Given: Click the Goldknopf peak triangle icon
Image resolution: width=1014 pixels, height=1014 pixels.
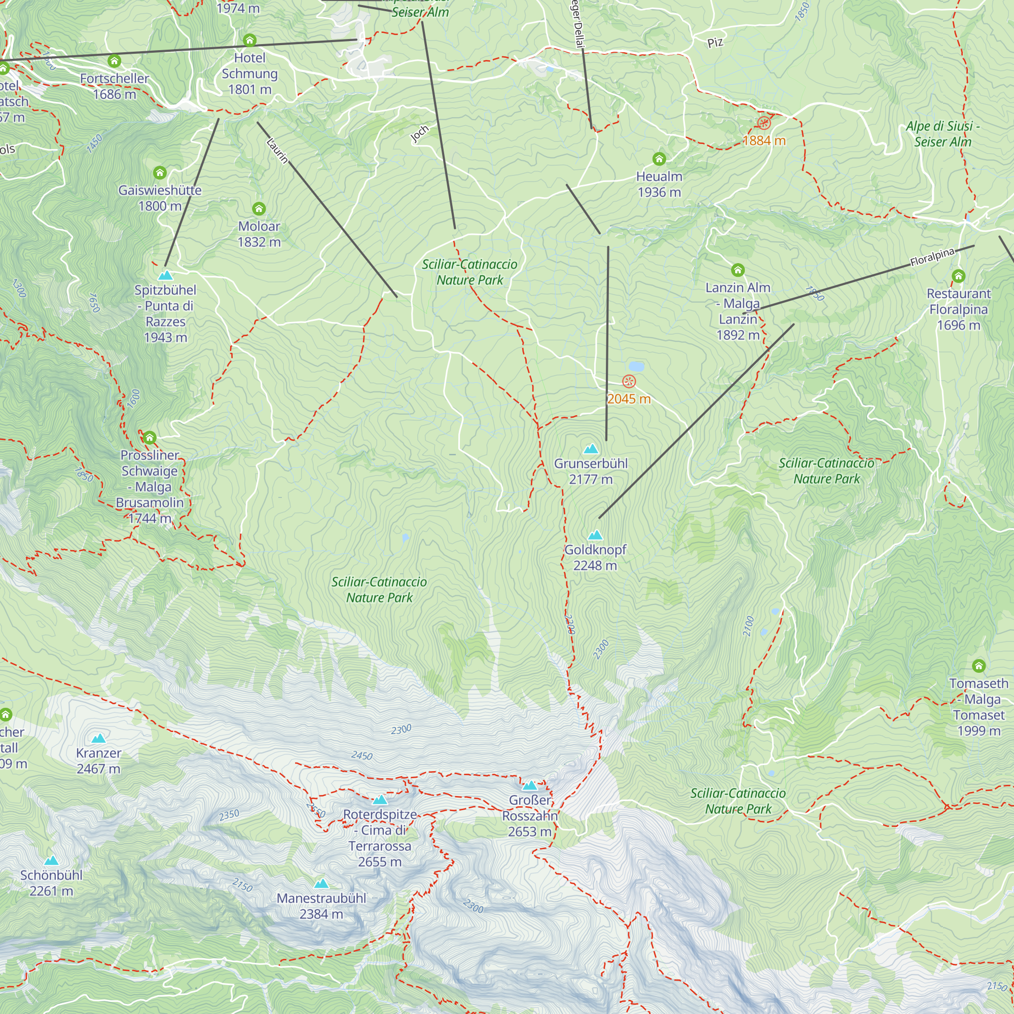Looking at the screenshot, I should coord(595,535).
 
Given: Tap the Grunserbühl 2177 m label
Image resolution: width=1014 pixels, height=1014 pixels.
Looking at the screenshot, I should coord(591,472).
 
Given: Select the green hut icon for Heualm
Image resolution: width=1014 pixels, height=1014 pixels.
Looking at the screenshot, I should coord(659,159).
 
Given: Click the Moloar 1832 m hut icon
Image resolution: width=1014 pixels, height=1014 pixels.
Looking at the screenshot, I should coord(259,209).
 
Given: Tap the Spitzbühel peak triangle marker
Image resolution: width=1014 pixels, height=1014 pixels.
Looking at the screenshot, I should coord(165,275).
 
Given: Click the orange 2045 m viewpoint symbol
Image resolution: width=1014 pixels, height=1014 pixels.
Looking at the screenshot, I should coord(629,382).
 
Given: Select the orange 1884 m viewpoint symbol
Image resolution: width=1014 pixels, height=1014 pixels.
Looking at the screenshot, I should coord(764,123).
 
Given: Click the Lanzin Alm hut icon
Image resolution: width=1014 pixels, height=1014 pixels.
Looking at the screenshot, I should coord(738,270).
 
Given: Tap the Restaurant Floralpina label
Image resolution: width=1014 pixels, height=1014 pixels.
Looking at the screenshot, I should coord(958,309).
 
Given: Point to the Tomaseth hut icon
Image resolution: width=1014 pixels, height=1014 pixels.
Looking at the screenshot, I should coord(979,666).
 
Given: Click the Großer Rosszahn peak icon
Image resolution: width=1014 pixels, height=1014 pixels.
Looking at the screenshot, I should coord(530,786).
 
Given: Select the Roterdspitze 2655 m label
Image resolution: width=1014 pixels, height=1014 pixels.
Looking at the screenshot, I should coord(380,838).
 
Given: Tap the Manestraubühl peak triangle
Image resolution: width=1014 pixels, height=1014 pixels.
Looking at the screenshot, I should coord(321,884).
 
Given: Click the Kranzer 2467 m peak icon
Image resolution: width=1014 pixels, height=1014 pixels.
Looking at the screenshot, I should coord(99,739).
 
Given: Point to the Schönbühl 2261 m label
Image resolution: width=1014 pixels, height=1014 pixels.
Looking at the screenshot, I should coord(51,883).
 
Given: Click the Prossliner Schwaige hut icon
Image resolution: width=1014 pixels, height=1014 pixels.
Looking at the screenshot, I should coord(150,438).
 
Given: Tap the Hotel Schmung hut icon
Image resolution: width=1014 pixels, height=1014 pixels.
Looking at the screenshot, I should coord(250,41).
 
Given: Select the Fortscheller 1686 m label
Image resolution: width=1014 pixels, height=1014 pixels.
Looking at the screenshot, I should coord(115,86).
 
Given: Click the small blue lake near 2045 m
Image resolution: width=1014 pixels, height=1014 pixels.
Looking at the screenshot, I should coord(636,366).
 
